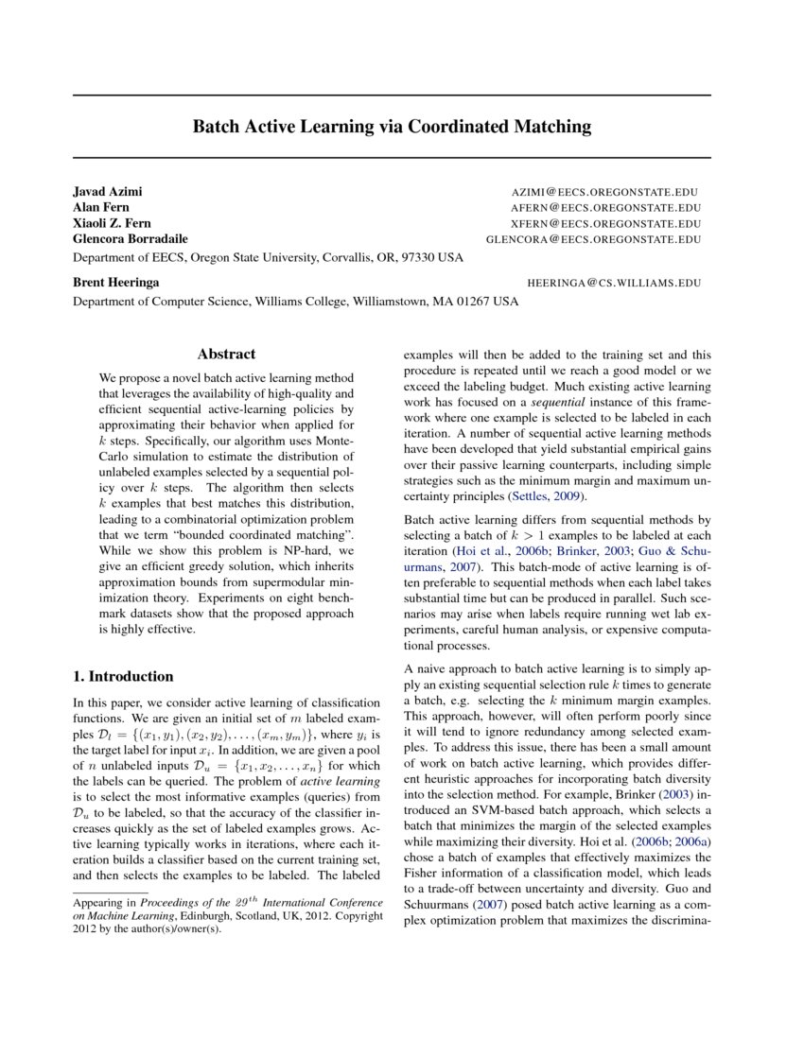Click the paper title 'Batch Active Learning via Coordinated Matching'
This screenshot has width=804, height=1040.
tap(392, 126)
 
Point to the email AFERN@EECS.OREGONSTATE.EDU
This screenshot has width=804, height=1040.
tap(606, 208)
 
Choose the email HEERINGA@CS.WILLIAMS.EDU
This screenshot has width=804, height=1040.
tap(614, 283)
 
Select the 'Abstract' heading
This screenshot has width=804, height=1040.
tap(226, 355)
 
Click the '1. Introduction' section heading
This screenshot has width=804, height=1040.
tap(123, 676)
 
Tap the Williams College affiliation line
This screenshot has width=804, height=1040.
tap(296, 302)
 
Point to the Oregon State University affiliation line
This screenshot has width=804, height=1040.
tap(268, 257)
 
